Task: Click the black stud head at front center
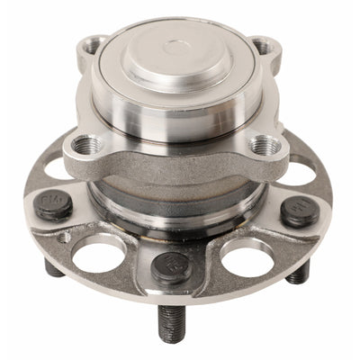(170, 265)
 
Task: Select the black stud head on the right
(298, 211)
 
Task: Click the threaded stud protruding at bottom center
(172, 324)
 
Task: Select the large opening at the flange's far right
(303, 171)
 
